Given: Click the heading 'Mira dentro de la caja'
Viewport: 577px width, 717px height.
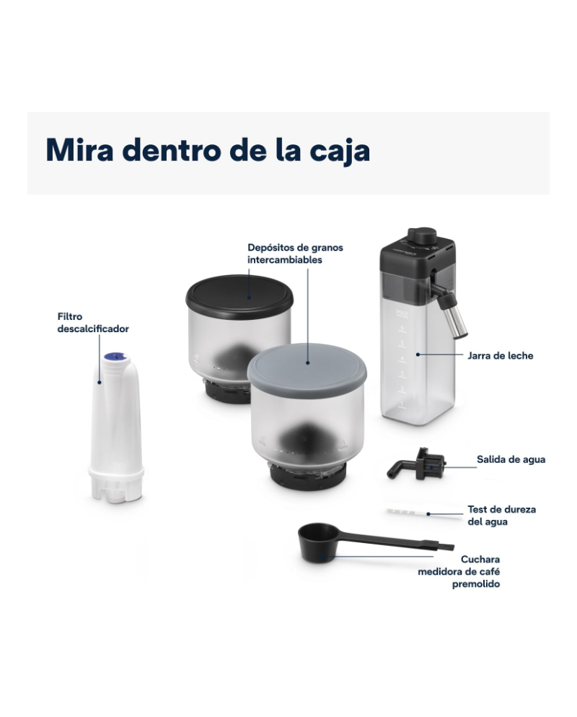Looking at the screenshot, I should point(208,150).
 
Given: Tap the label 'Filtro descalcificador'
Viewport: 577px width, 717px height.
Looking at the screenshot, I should point(93,322).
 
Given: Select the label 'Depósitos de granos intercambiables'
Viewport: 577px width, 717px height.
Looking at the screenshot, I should point(295,253).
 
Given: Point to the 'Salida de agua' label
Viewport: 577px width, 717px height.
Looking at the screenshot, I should point(511,459).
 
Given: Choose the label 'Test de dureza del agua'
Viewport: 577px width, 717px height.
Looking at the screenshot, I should point(501,515).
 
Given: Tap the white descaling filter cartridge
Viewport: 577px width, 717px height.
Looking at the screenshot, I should point(115,433).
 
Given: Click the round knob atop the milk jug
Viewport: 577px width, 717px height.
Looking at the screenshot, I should point(421,236).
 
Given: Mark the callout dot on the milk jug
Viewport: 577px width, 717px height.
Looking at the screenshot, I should point(417,355).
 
